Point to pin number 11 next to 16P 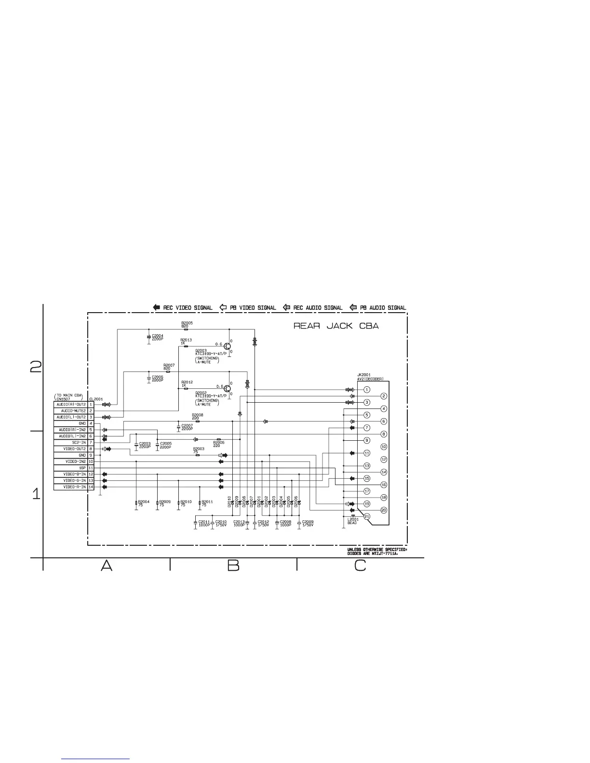pyautogui.click(x=91, y=468)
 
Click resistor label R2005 pyautogui.click(x=187, y=323)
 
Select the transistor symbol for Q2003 pyautogui.click(x=228, y=345)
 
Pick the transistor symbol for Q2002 pyautogui.click(x=228, y=388)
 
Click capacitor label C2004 pyautogui.click(x=158, y=336)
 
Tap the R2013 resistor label pyautogui.click(x=186, y=340)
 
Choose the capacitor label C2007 pyautogui.click(x=187, y=425)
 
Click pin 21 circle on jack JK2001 pyautogui.click(x=367, y=516)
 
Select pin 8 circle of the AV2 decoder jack pyautogui.click(x=384, y=434)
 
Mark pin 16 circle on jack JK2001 pyautogui.click(x=384, y=485)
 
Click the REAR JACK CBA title pyautogui.click(x=336, y=326)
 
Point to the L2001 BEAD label pyautogui.click(x=352, y=521)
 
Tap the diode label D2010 pyautogui.click(x=229, y=501)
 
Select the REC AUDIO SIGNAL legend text pyautogui.click(x=318, y=308)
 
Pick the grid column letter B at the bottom pyautogui.click(x=233, y=566)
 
